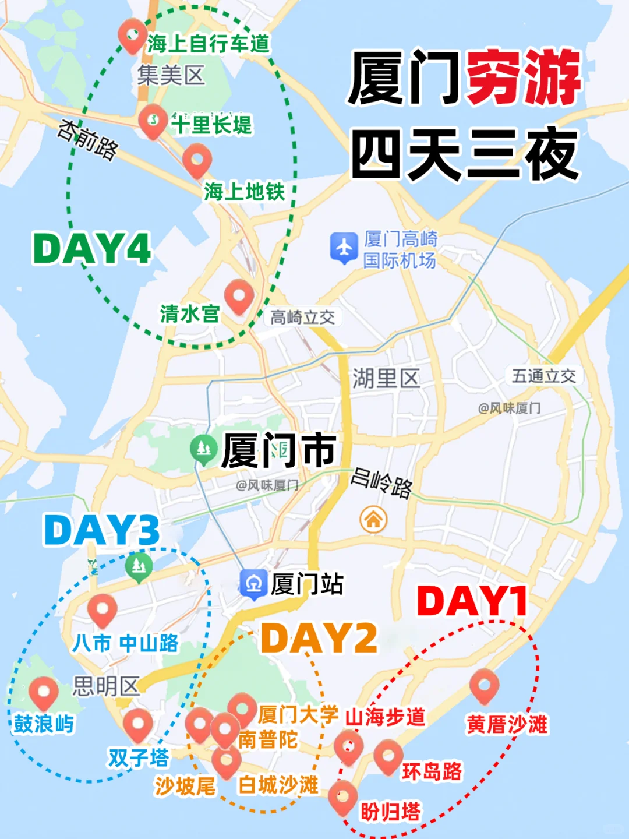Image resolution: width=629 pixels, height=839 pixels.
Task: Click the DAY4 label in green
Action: click(92, 249)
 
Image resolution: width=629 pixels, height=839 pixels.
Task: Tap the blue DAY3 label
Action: click(102, 530)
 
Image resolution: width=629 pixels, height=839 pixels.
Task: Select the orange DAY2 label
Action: click(319, 638)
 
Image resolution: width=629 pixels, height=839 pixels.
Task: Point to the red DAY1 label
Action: click(472, 601)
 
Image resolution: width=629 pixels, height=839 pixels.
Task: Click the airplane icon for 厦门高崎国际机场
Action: click(344, 247)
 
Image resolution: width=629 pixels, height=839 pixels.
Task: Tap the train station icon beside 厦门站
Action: click(253, 583)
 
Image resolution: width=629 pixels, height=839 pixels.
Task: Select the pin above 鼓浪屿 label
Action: click(44, 693)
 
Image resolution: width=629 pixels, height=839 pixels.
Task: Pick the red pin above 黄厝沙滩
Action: click(484, 685)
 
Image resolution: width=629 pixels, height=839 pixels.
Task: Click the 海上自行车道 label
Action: click(209, 44)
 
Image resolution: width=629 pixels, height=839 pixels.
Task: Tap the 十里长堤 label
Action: click(211, 125)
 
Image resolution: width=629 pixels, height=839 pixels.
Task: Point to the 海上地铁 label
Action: click(244, 191)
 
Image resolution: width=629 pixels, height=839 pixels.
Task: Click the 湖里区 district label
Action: click(386, 379)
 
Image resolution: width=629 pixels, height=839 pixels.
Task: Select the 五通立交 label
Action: click(544, 376)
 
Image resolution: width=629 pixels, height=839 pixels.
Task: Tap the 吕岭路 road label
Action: click(382, 483)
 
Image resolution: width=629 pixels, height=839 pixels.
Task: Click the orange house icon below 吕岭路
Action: click(373, 519)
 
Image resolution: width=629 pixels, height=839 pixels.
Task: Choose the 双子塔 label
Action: click(139, 758)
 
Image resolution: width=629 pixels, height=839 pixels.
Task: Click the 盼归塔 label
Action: click(390, 812)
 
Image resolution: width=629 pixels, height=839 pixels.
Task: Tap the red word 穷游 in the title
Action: click(524, 77)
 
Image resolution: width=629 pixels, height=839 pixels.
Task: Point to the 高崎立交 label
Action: click(302, 318)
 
